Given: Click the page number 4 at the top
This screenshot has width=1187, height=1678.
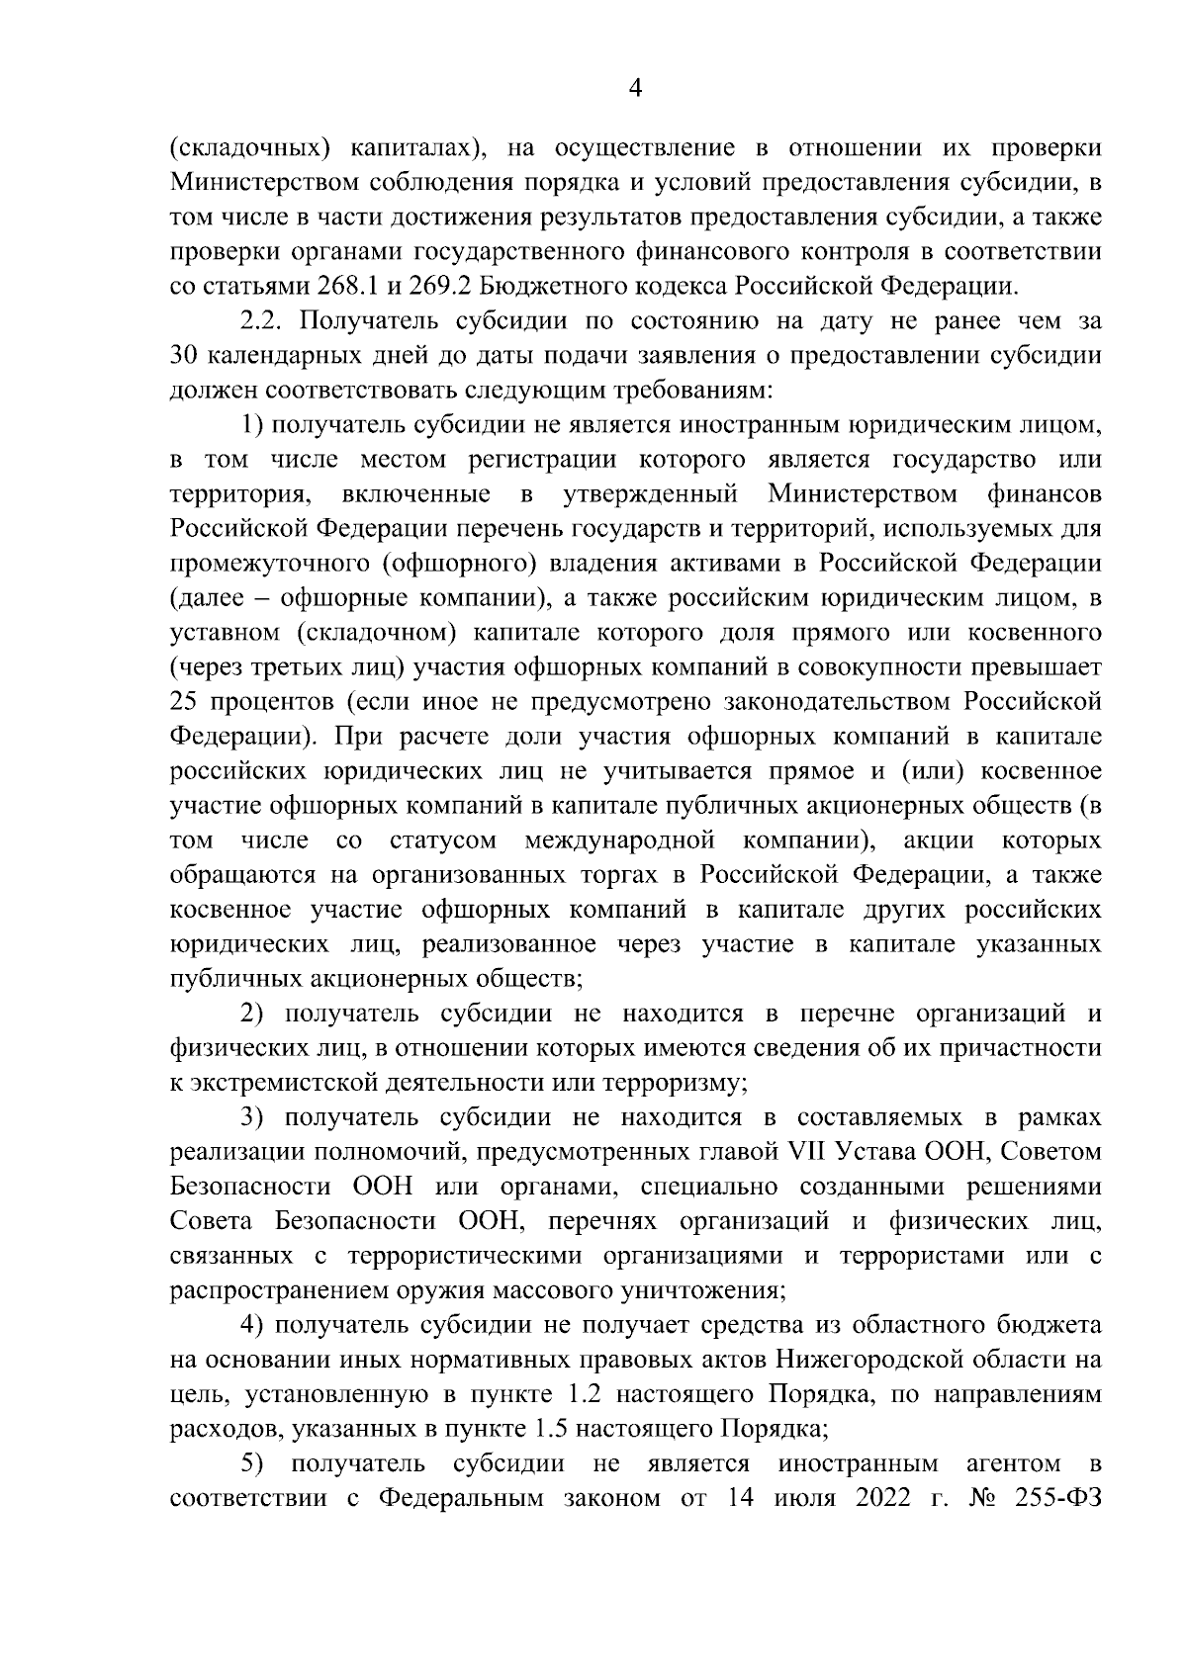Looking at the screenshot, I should point(636,88).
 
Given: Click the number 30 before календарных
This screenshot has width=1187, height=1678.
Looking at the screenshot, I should point(186,356).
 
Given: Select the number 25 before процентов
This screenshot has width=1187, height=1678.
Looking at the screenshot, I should point(186,702).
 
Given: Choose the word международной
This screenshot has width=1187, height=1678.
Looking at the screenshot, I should point(620,840).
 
